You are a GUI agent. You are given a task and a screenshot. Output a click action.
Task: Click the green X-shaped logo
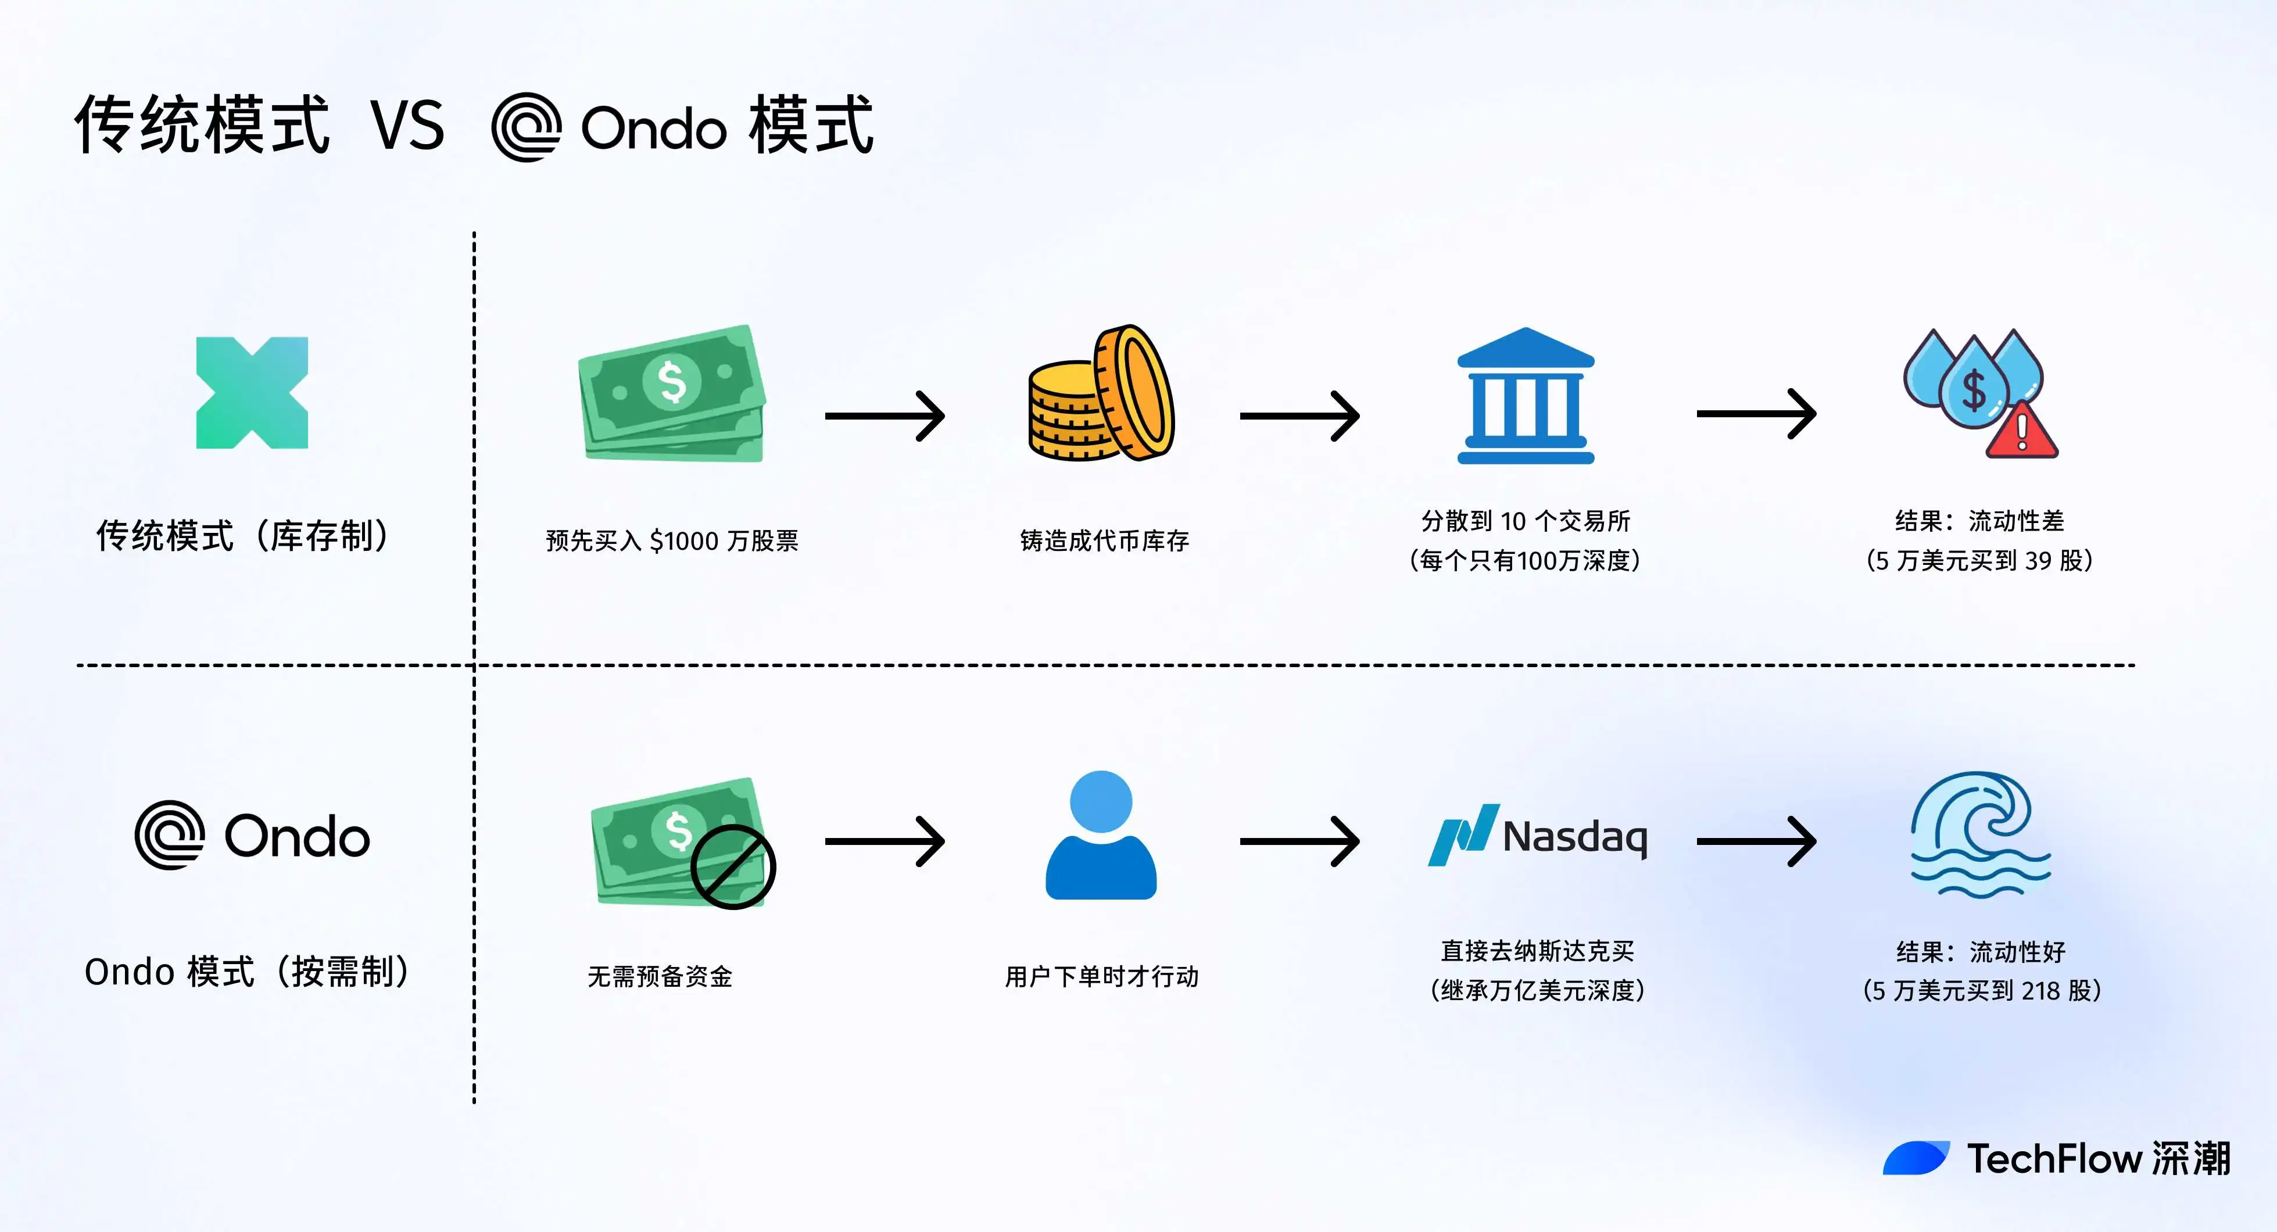(252, 393)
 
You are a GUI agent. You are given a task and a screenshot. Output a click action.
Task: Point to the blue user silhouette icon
(1101, 835)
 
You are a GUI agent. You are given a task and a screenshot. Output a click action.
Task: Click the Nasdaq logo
(1538, 835)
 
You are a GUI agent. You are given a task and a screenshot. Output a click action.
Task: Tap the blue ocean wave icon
(1980, 835)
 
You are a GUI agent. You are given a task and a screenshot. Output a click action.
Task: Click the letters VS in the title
(407, 126)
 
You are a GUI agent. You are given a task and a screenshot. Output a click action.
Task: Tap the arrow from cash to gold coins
(885, 416)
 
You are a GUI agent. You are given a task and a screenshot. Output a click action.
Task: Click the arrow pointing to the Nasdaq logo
(1299, 841)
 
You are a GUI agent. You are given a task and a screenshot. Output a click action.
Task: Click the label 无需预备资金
(660, 976)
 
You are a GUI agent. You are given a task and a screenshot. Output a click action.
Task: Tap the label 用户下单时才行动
(1101, 976)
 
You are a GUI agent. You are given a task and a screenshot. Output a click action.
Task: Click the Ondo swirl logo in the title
(527, 127)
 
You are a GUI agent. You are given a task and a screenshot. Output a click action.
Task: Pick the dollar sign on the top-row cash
(672, 381)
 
